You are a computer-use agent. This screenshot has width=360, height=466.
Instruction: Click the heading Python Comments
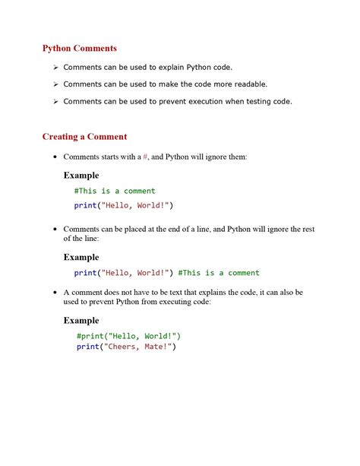click(x=80, y=49)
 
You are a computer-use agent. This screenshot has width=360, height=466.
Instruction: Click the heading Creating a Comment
click(x=84, y=137)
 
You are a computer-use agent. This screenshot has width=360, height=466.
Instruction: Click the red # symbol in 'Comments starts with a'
click(x=146, y=157)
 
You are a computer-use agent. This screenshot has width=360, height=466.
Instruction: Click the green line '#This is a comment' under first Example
click(x=115, y=191)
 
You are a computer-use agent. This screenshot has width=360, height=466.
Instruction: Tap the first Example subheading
click(x=81, y=176)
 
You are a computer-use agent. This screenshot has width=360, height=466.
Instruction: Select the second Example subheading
click(x=81, y=257)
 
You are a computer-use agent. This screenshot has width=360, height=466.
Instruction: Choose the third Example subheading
click(x=81, y=320)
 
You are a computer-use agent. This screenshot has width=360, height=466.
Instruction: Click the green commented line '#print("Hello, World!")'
click(x=128, y=335)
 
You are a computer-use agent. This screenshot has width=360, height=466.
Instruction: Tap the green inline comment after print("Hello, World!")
click(x=219, y=273)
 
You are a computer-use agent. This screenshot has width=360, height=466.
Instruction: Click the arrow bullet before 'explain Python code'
click(x=55, y=68)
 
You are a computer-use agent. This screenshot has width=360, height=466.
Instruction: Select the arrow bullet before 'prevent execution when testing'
click(x=55, y=102)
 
